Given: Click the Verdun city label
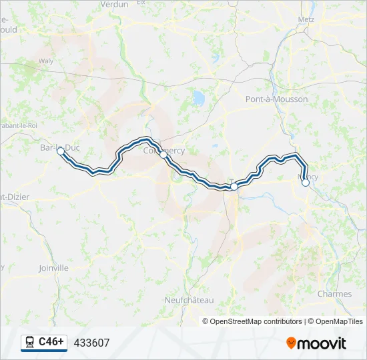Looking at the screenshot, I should pyautogui.click(x=113, y=5).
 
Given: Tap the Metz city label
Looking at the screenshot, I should pyautogui.click(x=306, y=19).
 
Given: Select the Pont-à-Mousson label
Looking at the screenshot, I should pyautogui.click(x=276, y=99).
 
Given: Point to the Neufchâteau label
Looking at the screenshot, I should pyautogui.click(x=189, y=300).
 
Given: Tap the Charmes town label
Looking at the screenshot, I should pyautogui.click(x=334, y=294).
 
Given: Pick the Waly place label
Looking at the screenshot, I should pyautogui.click(x=46, y=61).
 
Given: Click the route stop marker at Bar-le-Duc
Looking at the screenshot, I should pyautogui.click(x=61, y=152).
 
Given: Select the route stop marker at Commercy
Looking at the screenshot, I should pyautogui.click(x=163, y=154).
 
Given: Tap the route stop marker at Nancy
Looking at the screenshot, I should pyautogui.click(x=306, y=182).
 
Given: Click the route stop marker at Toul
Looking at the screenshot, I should pyautogui.click(x=234, y=187).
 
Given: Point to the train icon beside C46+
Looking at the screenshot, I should pyautogui.click(x=29, y=343).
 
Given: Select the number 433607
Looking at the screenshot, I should pyautogui.click(x=91, y=343).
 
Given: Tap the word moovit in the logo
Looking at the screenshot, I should pyautogui.click(x=322, y=343).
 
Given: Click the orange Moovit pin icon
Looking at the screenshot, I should pyautogui.click(x=292, y=343).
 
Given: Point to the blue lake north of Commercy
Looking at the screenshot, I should pyautogui.click(x=198, y=99).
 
